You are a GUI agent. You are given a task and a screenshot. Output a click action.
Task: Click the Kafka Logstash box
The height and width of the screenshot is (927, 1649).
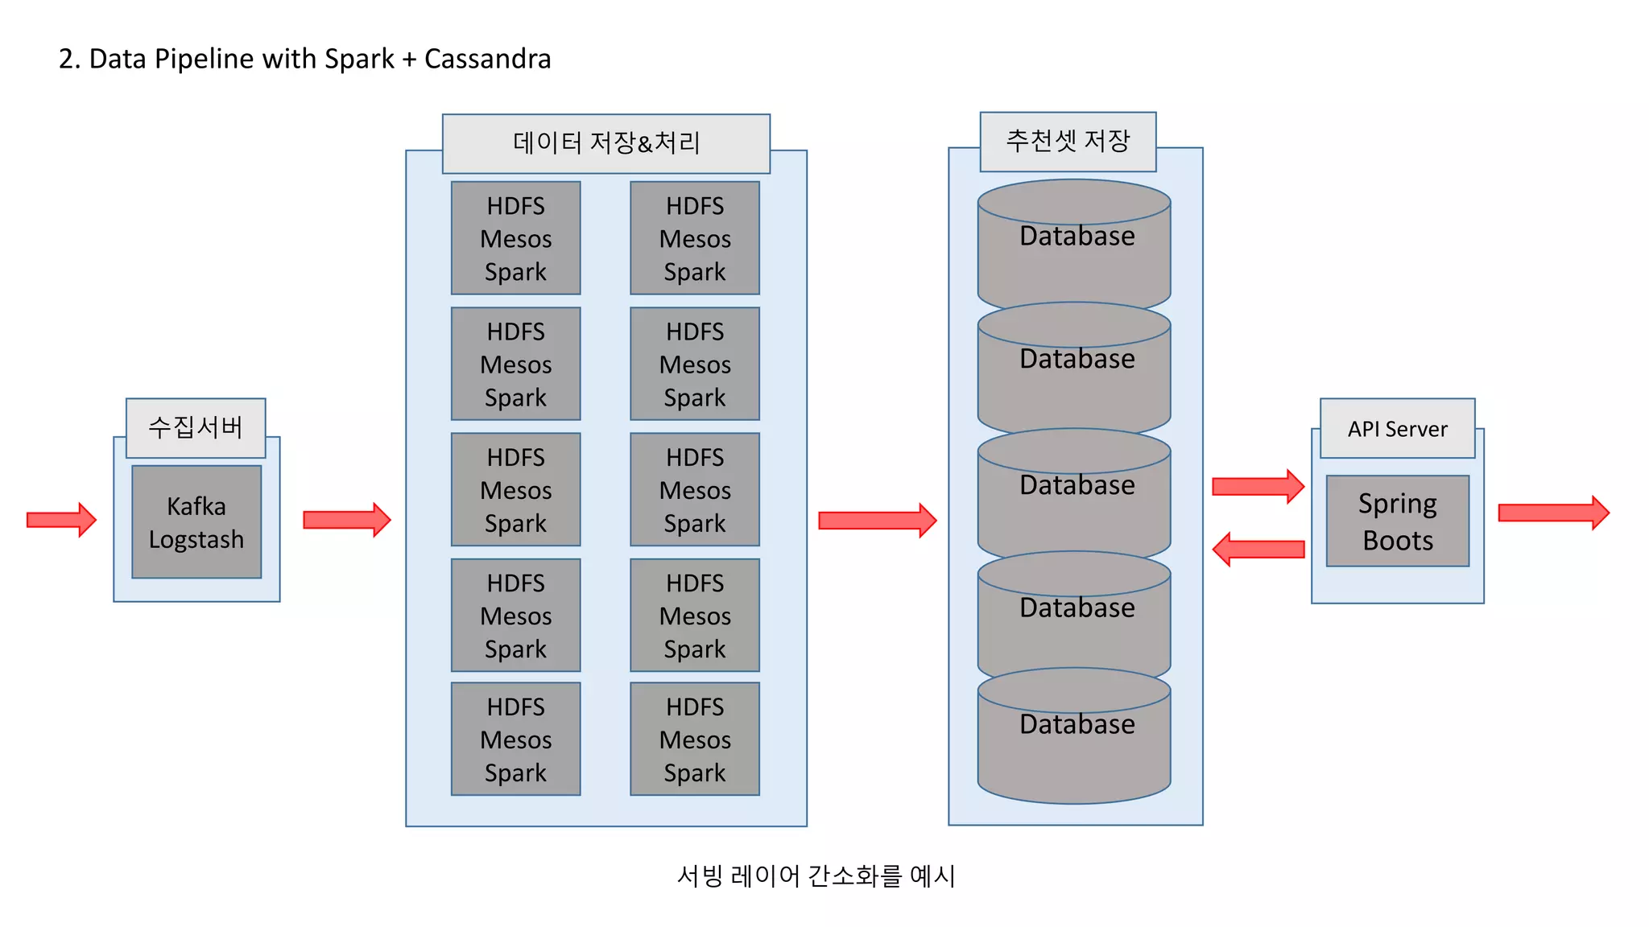pos(196,521)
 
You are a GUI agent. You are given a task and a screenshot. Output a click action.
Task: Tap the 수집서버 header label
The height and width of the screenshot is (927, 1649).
pos(196,427)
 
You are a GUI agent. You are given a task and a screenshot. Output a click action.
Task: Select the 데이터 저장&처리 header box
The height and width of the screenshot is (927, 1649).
pos(605,143)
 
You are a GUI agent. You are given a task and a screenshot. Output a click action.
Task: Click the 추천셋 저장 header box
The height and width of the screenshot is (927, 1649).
pos(1068,142)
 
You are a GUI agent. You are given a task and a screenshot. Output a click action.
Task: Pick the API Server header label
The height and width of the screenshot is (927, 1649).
pos(1397,429)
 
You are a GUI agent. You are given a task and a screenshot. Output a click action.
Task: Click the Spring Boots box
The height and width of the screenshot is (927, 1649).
pos(1397,521)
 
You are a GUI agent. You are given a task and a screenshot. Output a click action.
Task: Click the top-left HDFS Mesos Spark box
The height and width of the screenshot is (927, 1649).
pos(515,238)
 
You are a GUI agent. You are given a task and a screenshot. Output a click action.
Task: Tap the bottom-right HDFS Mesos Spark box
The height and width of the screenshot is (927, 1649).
pos(694,739)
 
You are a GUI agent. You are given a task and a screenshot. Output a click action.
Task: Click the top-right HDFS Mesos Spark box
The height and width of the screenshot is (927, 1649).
pos(694,238)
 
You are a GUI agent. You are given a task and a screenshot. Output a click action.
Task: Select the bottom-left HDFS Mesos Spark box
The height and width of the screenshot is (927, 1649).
pos(515,739)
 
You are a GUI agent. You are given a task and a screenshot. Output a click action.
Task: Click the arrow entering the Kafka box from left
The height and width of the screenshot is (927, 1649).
pos(61,520)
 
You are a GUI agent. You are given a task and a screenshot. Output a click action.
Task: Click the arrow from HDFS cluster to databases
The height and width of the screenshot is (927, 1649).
pos(876,521)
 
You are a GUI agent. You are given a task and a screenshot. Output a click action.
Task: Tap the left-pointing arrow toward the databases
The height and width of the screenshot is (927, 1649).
pos(1258,550)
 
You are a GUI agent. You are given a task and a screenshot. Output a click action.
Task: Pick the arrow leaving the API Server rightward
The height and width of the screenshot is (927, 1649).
pos(1552,513)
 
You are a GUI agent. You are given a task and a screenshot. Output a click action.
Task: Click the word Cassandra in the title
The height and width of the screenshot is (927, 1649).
pos(487,59)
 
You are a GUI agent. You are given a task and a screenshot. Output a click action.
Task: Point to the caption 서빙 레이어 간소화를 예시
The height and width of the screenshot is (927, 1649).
pos(816,875)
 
